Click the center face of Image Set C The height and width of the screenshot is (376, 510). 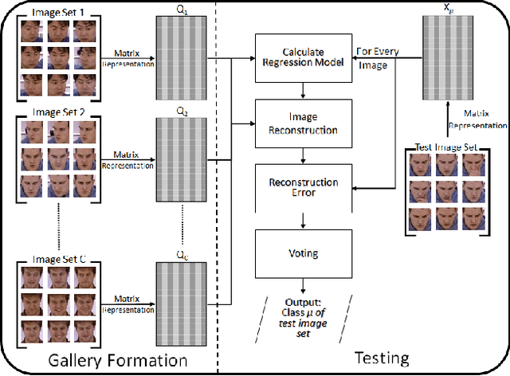[57, 304]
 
